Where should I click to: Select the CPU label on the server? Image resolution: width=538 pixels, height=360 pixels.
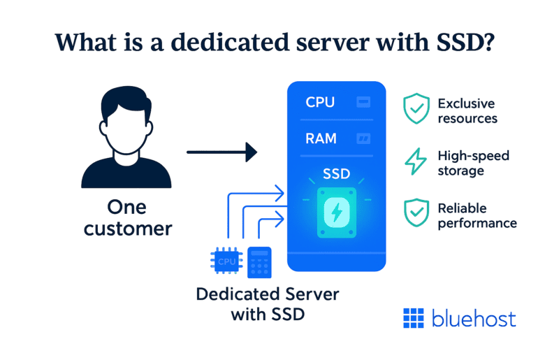(x=320, y=102)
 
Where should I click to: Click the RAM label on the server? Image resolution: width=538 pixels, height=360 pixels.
(x=321, y=138)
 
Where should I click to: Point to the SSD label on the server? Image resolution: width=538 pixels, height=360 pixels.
(x=337, y=173)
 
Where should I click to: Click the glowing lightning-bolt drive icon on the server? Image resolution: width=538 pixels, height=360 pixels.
(x=337, y=212)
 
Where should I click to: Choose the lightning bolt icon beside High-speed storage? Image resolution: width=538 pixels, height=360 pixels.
(x=416, y=161)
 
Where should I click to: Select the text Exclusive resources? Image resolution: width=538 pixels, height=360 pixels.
(x=467, y=110)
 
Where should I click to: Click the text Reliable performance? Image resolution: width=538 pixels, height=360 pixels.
(x=477, y=215)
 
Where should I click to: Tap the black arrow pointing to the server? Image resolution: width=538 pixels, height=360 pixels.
(x=221, y=151)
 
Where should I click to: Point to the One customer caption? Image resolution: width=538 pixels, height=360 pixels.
(x=126, y=218)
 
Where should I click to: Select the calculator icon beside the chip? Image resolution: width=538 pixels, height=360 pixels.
(x=259, y=263)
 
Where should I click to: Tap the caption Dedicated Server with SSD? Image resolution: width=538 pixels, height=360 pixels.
(x=268, y=304)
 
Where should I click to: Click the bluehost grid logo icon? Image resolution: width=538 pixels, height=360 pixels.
(x=414, y=318)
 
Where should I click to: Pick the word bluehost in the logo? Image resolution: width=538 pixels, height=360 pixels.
(x=474, y=319)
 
